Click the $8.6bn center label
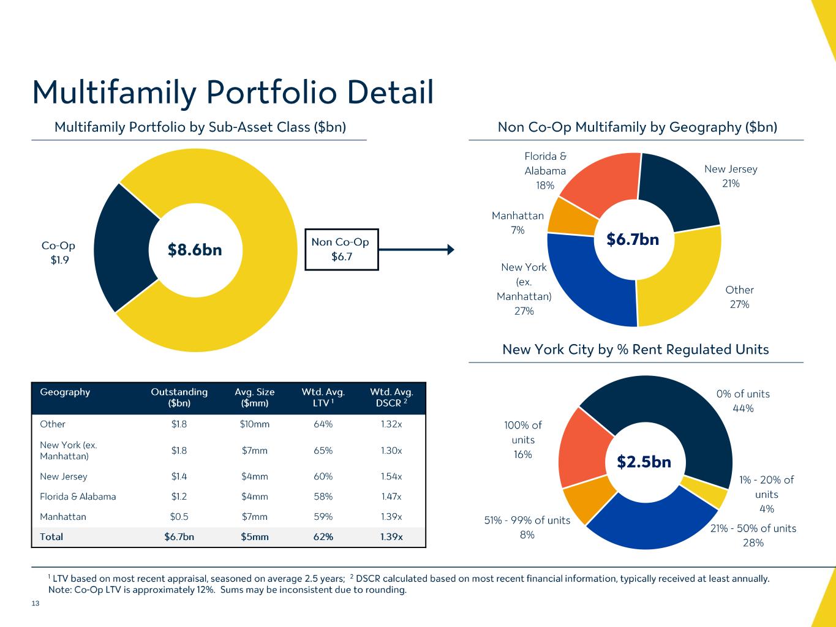click(195, 250)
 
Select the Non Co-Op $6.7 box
click(341, 249)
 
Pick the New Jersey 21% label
click(731, 176)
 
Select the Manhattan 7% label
click(518, 223)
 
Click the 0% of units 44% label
click(743, 401)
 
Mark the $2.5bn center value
click(644, 462)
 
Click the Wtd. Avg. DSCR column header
click(391, 397)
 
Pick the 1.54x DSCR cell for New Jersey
click(391, 476)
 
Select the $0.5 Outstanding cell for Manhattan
click(179, 517)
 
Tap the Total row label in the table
click(51, 537)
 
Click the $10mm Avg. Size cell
click(255, 424)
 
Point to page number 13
click(36, 604)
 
